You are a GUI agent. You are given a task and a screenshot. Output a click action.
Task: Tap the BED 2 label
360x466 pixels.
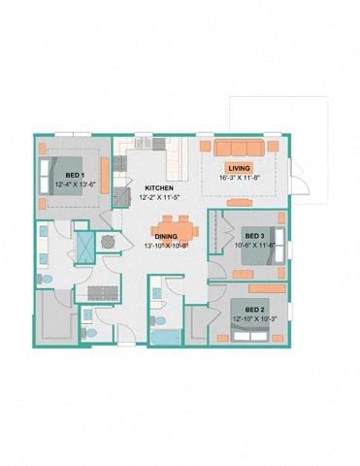(254, 309)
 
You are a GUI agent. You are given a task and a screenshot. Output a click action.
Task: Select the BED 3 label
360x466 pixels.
(254, 236)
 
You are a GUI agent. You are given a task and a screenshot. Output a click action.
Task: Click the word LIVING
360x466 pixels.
(239, 142)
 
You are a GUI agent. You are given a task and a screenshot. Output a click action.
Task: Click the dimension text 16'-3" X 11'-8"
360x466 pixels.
(239, 151)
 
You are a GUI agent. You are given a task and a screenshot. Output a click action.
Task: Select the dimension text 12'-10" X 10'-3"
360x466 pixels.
(254, 318)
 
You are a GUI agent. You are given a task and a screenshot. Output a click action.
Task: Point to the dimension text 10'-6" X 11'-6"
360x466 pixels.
(254, 246)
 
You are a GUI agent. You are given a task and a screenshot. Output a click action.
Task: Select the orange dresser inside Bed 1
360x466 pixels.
(104, 175)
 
